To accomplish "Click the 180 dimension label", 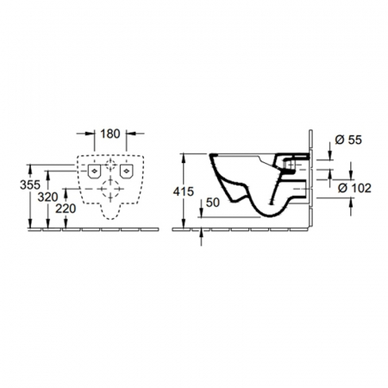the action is pyautogui.click(x=110, y=134).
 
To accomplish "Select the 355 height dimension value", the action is pyautogui.click(x=30, y=185).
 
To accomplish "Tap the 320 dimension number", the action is pyautogui.click(x=47, y=197).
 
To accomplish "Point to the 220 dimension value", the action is pyautogui.click(x=66, y=209).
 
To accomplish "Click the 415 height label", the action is pyautogui.click(x=184, y=191).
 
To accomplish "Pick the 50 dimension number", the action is pyautogui.click(x=213, y=203).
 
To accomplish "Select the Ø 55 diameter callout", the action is pyautogui.click(x=348, y=140).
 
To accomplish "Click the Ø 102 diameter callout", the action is pyautogui.click(x=354, y=188).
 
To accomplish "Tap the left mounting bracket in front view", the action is pyautogui.click(x=94, y=172).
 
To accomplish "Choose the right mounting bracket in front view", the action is pyautogui.click(x=126, y=172).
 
